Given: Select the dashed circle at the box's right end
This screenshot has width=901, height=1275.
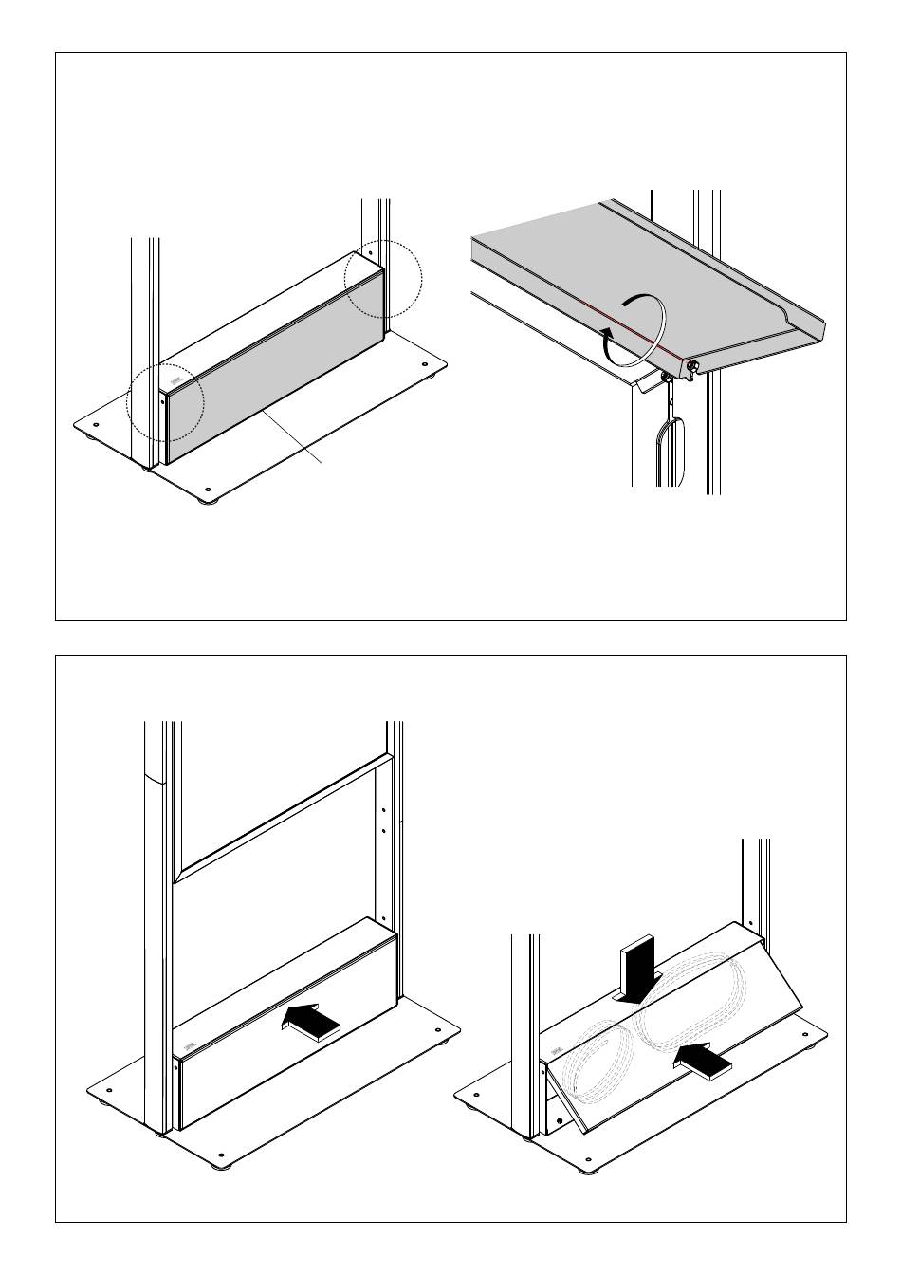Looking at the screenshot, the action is tap(382, 281).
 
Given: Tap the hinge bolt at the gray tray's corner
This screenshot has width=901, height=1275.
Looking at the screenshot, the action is tap(693, 365).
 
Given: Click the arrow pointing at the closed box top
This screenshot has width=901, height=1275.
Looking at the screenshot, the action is tap(312, 1023).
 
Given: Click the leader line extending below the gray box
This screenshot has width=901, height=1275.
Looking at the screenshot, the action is tap(296, 439).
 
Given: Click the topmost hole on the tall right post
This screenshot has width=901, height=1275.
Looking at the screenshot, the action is tap(383, 810).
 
